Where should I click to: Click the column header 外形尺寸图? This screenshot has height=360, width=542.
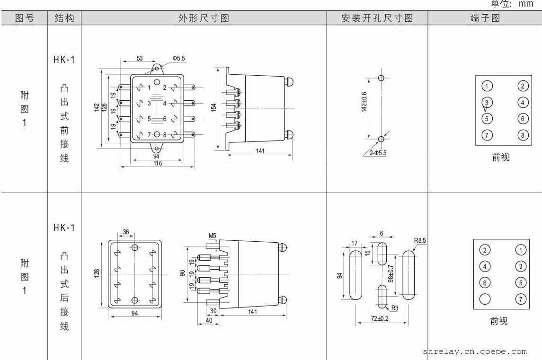[204, 18]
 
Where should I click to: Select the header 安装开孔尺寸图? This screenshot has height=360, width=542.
[377, 18]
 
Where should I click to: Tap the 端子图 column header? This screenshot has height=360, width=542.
[485, 18]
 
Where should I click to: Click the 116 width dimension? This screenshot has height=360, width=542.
[157, 163]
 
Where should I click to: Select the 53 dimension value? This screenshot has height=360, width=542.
[140, 58]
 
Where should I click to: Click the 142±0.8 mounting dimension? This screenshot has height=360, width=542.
[364, 102]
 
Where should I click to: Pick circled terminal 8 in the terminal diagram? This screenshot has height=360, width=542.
[522, 135]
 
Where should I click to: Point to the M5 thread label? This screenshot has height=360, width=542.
[212, 235]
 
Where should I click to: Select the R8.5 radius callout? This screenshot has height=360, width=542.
[419, 241]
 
